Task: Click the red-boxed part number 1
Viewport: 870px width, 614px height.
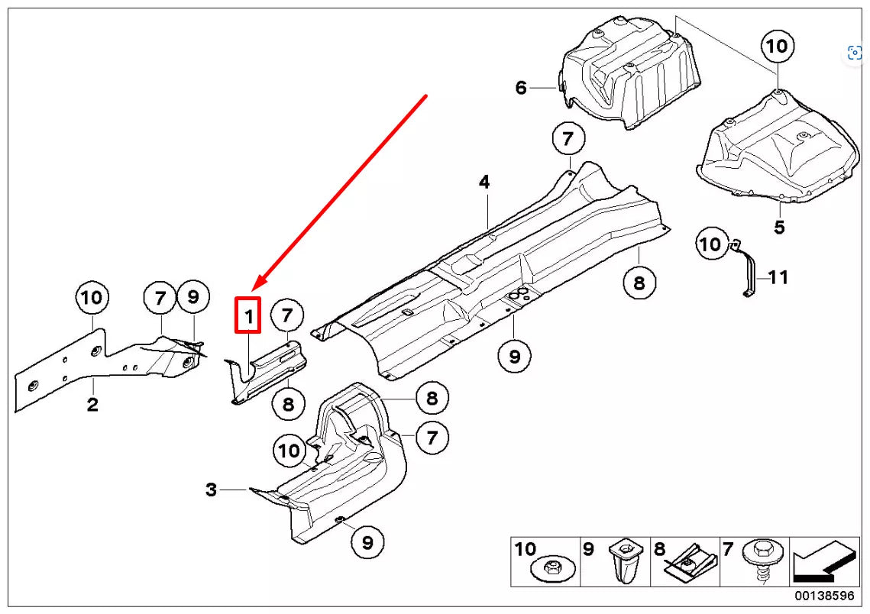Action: coord(247,315)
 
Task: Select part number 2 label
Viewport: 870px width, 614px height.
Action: coord(92,405)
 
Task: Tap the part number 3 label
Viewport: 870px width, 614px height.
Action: coord(212,490)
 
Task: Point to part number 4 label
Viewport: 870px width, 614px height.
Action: coord(484,183)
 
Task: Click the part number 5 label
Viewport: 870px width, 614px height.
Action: coord(779,227)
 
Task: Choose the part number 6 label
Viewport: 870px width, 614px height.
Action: coord(521,88)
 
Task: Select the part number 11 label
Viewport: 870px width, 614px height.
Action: coord(778,277)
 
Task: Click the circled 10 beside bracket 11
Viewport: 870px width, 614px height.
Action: coord(710,244)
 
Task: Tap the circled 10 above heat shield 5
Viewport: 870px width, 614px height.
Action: coord(776,47)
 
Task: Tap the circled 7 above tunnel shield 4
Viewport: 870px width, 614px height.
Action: coord(568,140)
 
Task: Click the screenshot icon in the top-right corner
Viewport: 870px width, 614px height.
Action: coord(855,53)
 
